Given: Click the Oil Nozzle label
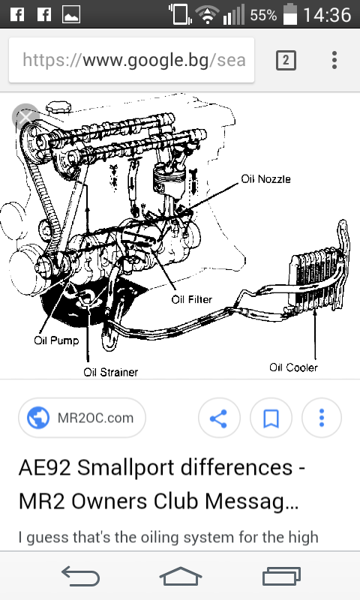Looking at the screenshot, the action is coord(266,179).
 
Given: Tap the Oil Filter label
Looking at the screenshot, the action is coord(192,299).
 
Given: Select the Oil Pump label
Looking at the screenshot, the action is coord(56,340).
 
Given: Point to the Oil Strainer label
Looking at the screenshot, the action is coord(110,372).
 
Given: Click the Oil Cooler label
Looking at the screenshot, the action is coord(293,367).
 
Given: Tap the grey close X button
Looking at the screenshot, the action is coord(25,117).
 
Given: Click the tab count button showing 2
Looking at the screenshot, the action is coord(286,61).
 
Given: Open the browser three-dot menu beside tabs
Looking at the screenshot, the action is coord(334,61).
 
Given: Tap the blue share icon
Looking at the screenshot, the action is coord(219,418).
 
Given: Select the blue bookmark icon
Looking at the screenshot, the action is coord(271,418).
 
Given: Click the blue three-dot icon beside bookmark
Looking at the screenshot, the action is coord(322,418).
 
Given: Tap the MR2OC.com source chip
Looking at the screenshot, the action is coord(82,418).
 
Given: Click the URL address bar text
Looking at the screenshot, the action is coord(134,61).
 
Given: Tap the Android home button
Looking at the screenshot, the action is coord(180,576).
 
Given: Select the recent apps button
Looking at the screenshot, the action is coord(281,576).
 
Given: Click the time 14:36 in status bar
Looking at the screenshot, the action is coord(327,15).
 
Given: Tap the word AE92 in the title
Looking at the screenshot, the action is coord(45,467).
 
